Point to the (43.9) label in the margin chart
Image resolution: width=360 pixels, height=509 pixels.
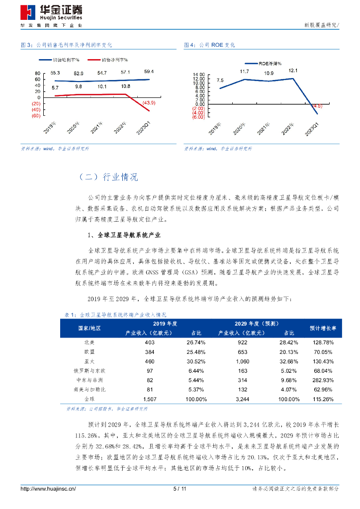pyautogui.click(x=149, y=102)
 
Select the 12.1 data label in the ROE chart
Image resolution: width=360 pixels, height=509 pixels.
pyautogui.click(x=293, y=71)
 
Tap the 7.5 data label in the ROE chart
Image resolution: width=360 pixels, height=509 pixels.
pyautogui.click(x=220, y=81)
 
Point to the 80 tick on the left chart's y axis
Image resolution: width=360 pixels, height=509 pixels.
pyautogui.click(x=37, y=73)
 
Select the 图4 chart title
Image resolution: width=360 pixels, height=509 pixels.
pyautogui.click(x=209, y=45)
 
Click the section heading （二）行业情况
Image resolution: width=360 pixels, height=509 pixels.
pyautogui.click(x=109, y=177)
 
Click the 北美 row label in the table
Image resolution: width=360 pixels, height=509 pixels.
pyautogui.click(x=90, y=342)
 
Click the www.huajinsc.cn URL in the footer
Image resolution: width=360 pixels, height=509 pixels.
pyautogui.click(x=48, y=489)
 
